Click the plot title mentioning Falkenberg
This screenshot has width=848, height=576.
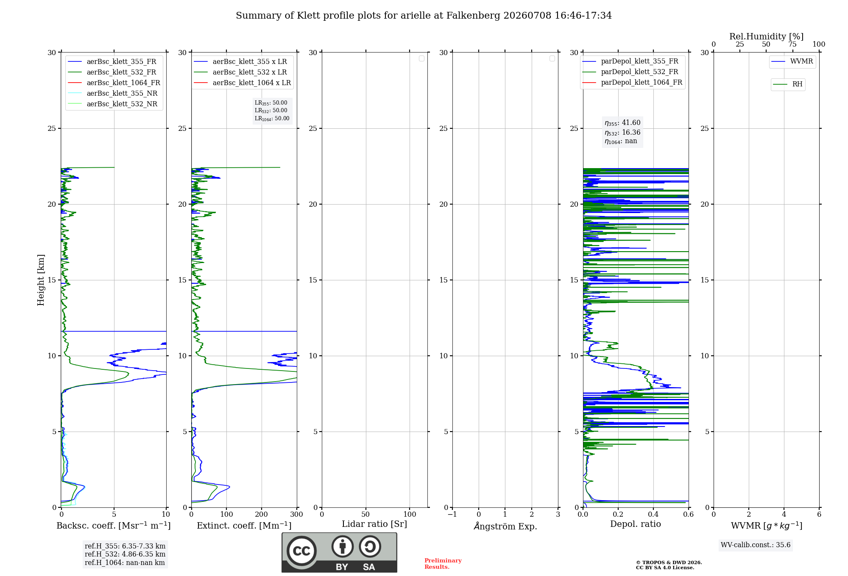tap(424, 16)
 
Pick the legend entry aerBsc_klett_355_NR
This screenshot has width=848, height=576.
tap(113, 93)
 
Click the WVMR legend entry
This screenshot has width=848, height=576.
tap(792, 61)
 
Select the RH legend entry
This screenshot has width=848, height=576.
tap(787, 84)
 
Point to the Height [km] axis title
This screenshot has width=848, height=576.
tap(41, 280)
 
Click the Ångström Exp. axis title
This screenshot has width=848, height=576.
tap(505, 526)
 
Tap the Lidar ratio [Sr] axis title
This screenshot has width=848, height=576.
tap(374, 524)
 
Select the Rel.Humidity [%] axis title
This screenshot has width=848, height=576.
tap(766, 36)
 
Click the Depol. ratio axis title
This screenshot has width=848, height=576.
tap(636, 524)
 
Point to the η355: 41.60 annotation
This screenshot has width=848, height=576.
tap(622, 123)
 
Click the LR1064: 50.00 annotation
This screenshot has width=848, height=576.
tap(272, 119)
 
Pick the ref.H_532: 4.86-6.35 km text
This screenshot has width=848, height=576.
tap(125, 554)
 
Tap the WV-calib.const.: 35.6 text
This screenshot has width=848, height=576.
tap(756, 545)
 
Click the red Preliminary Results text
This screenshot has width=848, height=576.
tap(443, 564)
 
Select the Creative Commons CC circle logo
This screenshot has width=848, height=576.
tap(301, 551)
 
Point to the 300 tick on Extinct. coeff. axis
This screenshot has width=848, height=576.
tap(297, 514)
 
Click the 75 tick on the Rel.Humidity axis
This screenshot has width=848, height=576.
tap(792, 44)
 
